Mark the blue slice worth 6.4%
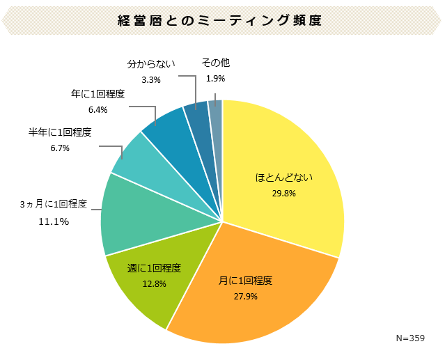pos(166,128)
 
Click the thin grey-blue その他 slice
pos(216,109)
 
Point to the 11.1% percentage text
pos(53,221)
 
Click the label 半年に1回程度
pos(60,132)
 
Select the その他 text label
pos(215,63)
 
